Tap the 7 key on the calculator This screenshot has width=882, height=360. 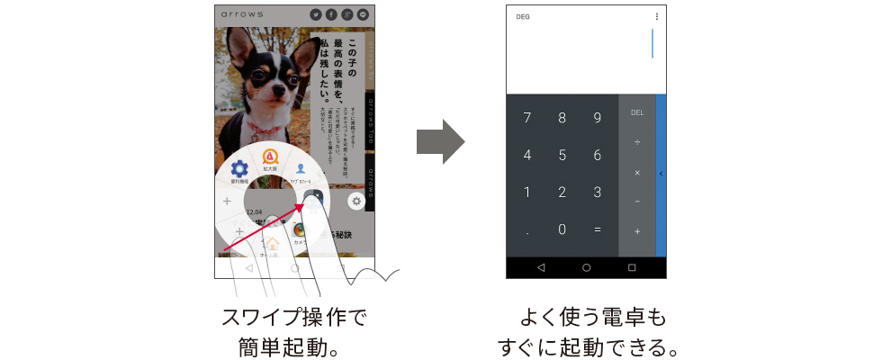point(526,118)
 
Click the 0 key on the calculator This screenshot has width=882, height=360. point(562,229)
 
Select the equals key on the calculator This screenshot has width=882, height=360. point(597,229)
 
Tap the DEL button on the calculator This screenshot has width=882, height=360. point(637,112)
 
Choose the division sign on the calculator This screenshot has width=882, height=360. point(637,142)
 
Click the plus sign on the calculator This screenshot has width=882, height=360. point(637,231)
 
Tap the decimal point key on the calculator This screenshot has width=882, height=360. point(526,230)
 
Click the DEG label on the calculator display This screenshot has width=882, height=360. point(523,17)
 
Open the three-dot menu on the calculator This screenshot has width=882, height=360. point(656,16)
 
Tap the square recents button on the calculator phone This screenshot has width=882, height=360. point(632,267)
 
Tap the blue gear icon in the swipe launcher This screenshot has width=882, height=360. point(239,168)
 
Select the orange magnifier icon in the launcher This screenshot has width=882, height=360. point(268,156)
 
